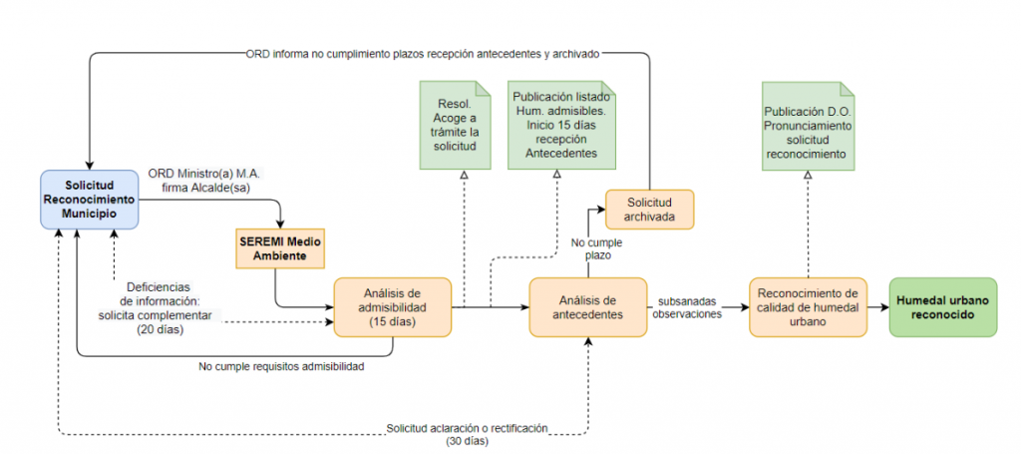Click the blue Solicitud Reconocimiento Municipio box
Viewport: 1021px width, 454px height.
tap(90, 199)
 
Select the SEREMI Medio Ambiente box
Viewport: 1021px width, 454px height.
tap(280, 248)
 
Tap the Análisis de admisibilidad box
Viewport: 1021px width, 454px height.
tap(393, 306)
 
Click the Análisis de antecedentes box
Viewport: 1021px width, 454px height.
tap(587, 306)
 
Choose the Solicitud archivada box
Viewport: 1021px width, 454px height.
tap(649, 210)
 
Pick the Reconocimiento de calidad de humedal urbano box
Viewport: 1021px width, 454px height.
tap(808, 306)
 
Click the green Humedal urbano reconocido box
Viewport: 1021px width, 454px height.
tap(943, 306)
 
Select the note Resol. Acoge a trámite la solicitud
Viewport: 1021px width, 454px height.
tap(455, 125)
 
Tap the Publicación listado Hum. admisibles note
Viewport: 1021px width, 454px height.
tap(561, 125)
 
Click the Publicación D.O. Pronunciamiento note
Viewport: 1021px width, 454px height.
tap(808, 125)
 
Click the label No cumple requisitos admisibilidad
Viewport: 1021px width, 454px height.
tap(281, 367)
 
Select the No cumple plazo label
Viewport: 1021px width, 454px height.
tap(597, 248)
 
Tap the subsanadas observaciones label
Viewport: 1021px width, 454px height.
tap(687, 307)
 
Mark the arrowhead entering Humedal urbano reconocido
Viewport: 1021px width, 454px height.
tap(885, 306)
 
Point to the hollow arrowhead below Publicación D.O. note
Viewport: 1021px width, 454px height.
tap(808, 175)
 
